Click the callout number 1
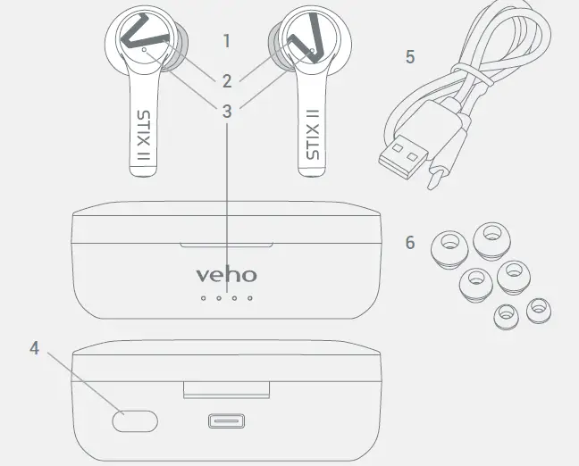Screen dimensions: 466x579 coord(227,41)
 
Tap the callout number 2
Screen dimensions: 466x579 coord(227,81)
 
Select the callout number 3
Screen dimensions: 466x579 coord(227,112)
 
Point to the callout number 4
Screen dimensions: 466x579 coord(35,348)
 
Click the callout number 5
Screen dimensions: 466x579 coord(410,57)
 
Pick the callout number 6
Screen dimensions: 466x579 coord(410,243)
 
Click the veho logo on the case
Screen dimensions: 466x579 coord(226,274)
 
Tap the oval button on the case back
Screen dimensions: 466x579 coord(135,420)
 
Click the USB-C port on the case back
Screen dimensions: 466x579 coord(226,421)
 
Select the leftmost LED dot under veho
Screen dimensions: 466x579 coord(203,297)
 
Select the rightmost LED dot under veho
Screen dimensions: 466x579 coord(249,297)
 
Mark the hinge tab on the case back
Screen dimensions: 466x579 coord(226,389)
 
